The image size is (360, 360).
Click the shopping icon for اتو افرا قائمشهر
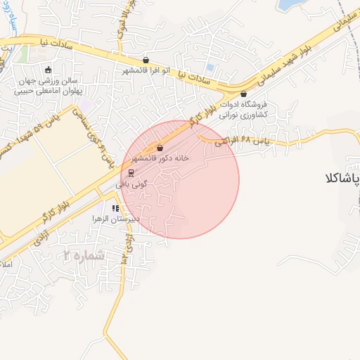pos(146,60)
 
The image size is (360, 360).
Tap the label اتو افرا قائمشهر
pos(146,72)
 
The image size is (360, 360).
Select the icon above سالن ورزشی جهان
pos(48,69)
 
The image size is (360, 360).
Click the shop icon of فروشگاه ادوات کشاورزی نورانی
pos(244,94)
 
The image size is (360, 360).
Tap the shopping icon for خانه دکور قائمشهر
pos(160,148)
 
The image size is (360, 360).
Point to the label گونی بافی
pos(131,183)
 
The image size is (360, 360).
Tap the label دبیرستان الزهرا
pos(117,219)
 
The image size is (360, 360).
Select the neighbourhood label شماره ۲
pos(83,255)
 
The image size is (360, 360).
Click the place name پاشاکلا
pos(344,179)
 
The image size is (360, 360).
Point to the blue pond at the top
pos(289,6)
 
